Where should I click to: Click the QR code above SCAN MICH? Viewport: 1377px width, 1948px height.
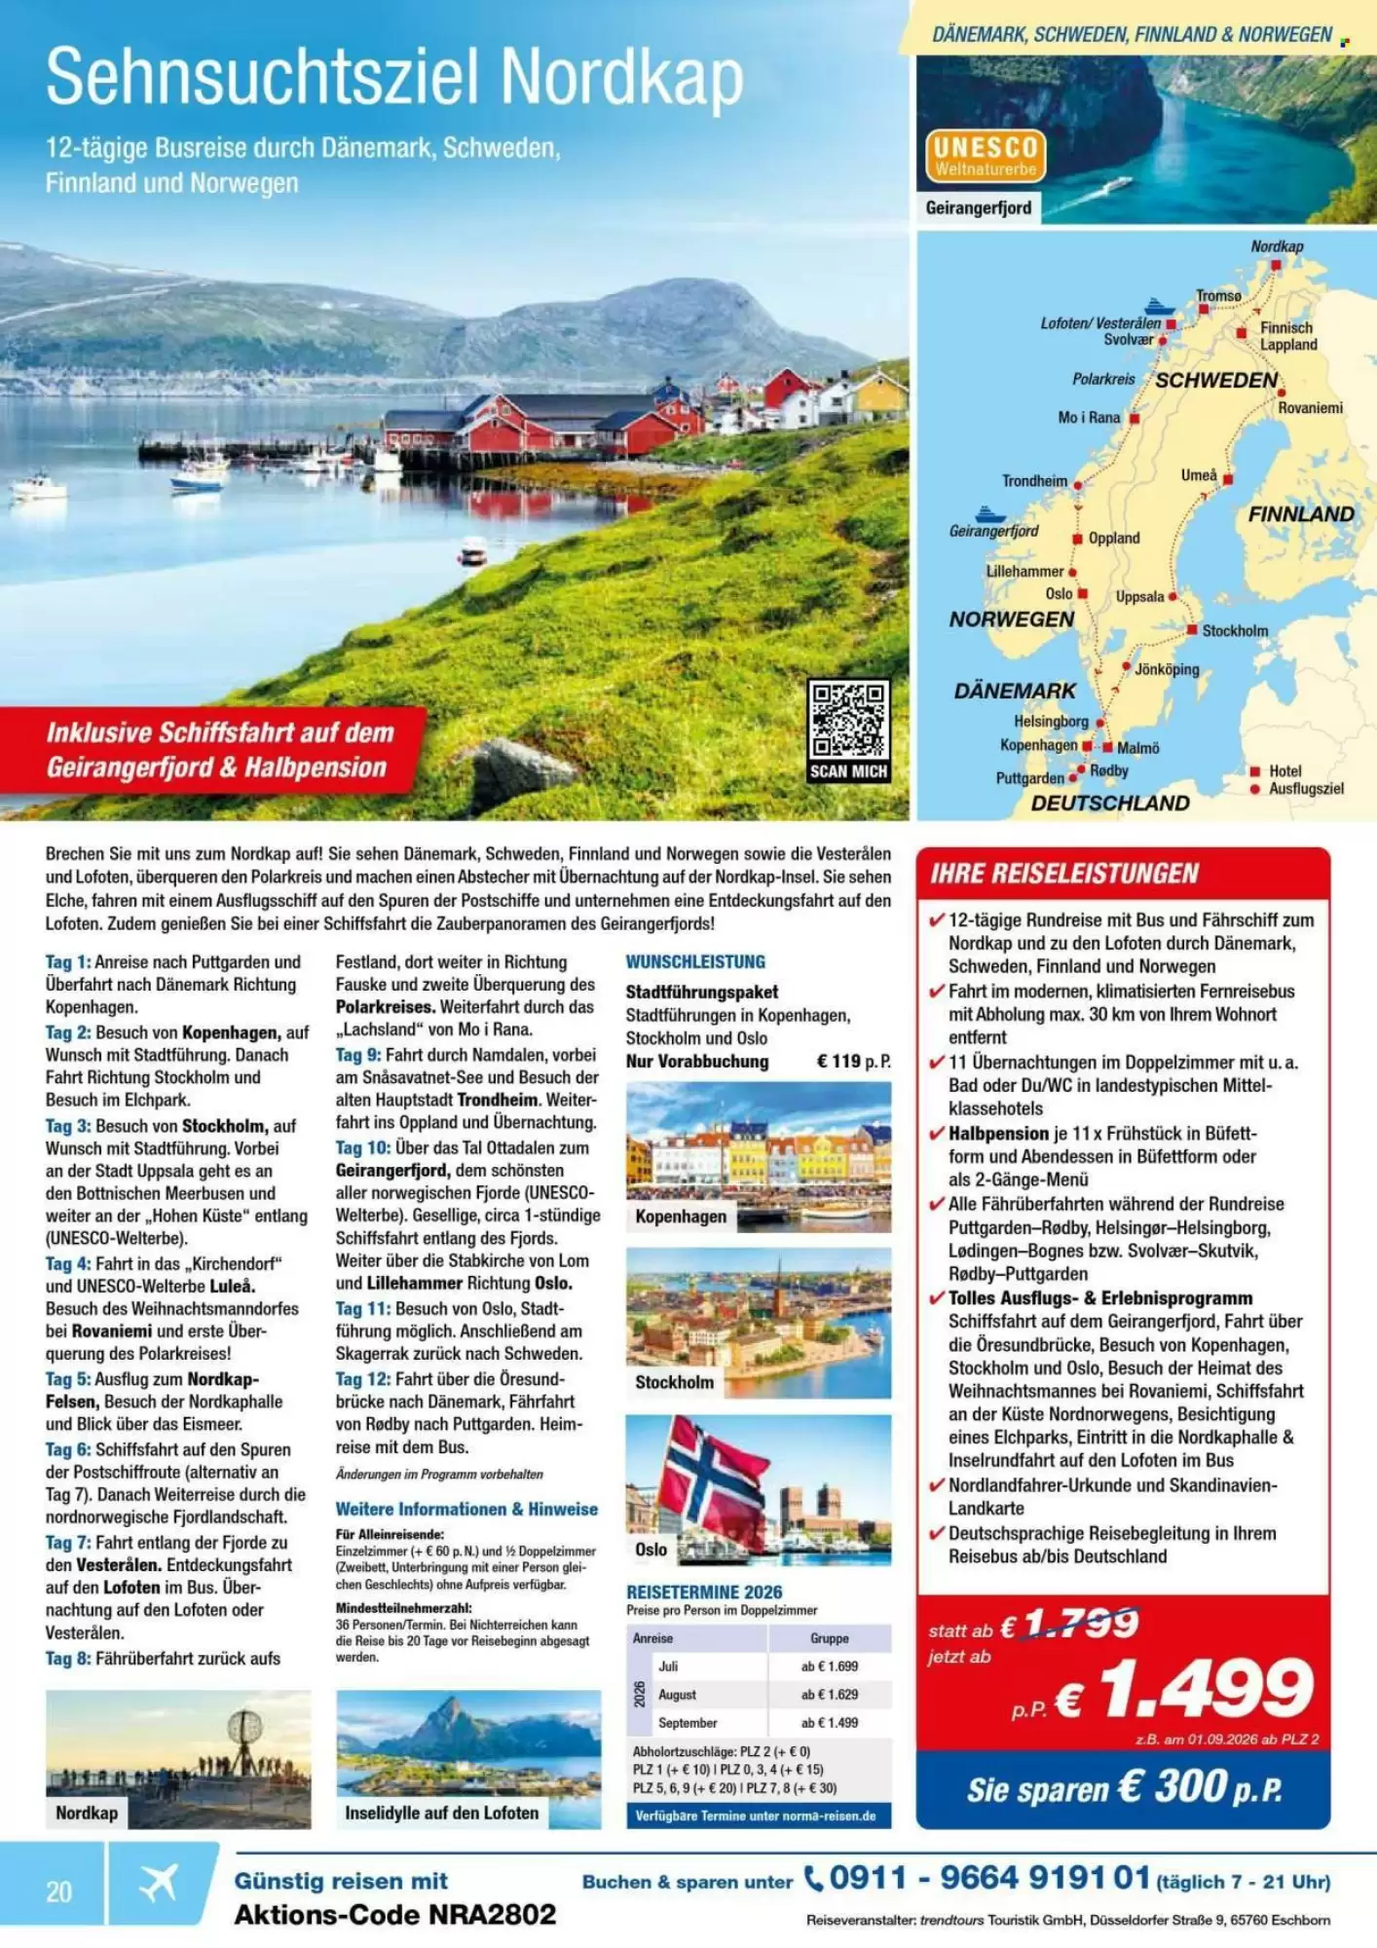848,720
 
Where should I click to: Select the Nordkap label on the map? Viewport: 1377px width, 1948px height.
1277,246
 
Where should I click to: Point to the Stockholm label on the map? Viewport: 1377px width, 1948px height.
1235,631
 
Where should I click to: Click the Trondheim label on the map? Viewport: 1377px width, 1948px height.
1034,481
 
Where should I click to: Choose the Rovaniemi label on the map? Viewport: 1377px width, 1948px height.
1310,408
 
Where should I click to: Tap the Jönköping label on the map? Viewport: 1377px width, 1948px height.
1167,669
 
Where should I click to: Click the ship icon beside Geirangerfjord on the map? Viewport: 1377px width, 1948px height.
989,512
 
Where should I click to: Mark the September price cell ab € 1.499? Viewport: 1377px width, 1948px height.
830,1723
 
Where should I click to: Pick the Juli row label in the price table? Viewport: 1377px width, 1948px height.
668,1667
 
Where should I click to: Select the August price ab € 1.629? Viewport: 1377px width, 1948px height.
830,1695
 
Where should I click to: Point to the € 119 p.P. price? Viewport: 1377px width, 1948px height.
853,1062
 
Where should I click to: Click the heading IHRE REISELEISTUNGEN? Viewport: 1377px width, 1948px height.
1064,874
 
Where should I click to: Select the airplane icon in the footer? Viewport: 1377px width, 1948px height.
159,1884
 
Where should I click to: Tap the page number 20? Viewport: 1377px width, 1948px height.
58,1892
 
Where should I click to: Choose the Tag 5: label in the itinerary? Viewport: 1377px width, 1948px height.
67,1379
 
